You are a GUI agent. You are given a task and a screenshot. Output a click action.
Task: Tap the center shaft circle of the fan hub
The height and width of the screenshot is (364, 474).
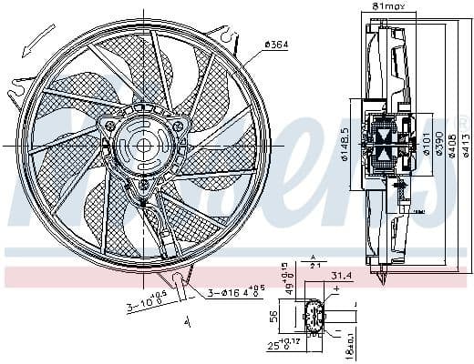[145, 145]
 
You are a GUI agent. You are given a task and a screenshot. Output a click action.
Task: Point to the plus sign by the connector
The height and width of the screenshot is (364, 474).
[336, 288]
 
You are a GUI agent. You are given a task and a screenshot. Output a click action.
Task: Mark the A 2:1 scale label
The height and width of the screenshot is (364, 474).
[315, 263]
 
